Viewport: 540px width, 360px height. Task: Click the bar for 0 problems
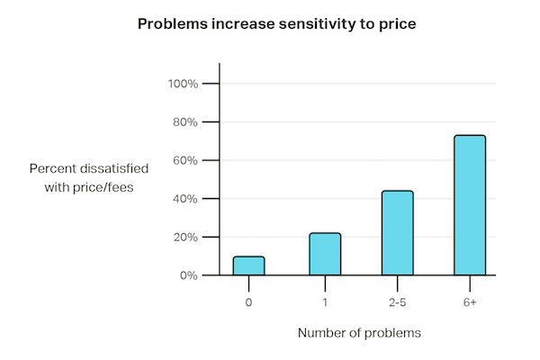(248, 265)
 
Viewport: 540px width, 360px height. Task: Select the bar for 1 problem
(325, 255)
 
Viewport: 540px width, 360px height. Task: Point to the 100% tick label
(183, 84)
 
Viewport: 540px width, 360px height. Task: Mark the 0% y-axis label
(189, 275)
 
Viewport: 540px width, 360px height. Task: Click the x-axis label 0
(248, 302)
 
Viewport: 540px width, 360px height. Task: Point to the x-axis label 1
(325, 302)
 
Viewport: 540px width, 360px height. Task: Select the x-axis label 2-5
(397, 302)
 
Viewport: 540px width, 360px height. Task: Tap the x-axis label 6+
(470, 302)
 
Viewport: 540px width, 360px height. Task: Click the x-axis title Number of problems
(359, 333)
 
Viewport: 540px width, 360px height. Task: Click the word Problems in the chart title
(172, 23)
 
